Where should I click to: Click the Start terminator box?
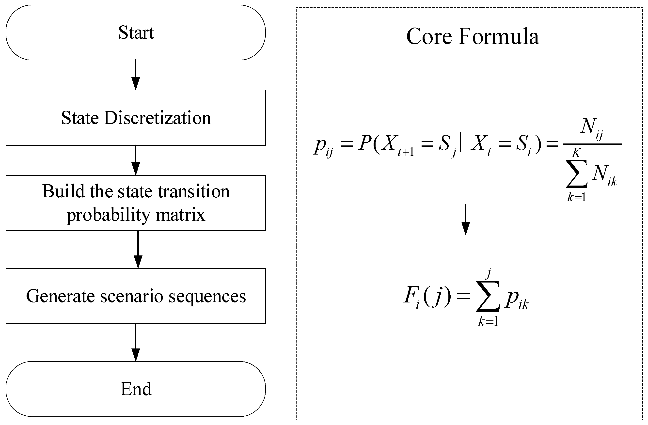[x=136, y=33]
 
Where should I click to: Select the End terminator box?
[x=136, y=389]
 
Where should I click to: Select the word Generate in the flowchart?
[x=61, y=296]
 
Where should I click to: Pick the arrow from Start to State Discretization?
[x=136, y=75]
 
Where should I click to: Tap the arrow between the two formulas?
[x=466, y=219]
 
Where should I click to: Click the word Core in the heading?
[x=429, y=36]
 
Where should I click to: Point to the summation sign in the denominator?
[x=576, y=174]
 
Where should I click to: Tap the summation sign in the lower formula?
[x=488, y=297]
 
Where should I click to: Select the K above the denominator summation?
[x=576, y=153]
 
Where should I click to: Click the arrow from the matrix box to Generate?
[x=138, y=249]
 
